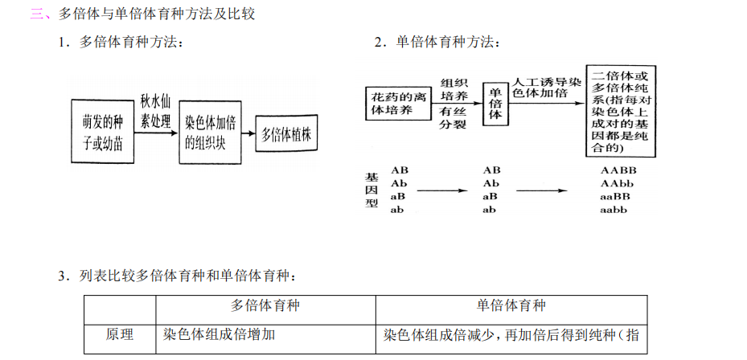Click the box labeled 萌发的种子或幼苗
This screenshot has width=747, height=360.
(x=102, y=132)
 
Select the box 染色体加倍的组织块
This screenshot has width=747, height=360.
(x=210, y=132)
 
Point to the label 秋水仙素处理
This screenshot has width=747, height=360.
(x=156, y=112)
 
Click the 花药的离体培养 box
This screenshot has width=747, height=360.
(x=397, y=102)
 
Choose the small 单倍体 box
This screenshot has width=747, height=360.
(x=495, y=102)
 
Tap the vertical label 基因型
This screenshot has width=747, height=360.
(x=371, y=190)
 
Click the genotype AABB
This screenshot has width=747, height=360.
(x=618, y=170)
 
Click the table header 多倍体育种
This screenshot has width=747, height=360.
(x=265, y=306)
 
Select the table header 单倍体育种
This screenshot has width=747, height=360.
(x=511, y=306)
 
